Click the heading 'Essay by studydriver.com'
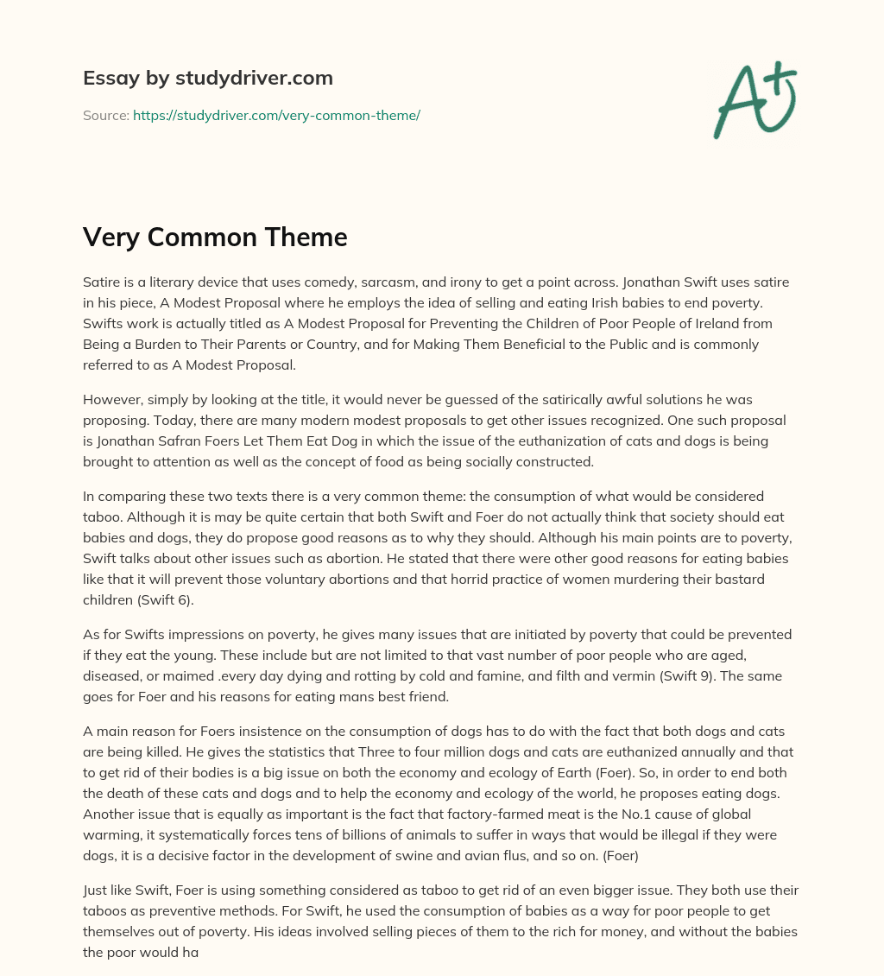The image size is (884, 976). point(207,78)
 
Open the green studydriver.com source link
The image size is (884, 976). point(276,115)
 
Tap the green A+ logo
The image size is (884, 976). point(754,99)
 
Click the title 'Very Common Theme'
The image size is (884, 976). point(215,237)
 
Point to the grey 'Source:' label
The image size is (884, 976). point(105,115)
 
